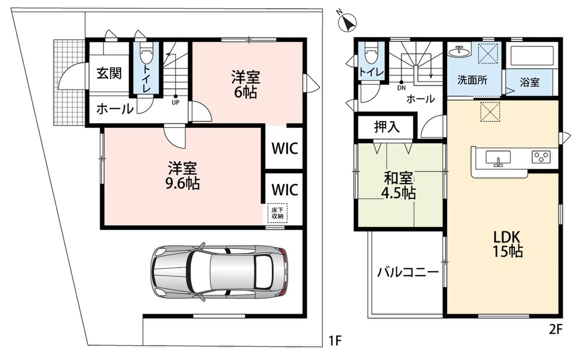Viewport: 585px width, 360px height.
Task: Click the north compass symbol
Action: click(347, 22)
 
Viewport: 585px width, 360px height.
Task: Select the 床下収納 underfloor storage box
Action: click(277, 213)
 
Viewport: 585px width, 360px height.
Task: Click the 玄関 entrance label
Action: click(109, 74)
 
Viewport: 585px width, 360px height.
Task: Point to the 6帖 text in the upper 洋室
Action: click(245, 93)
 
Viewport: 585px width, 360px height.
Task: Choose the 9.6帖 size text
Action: click(182, 184)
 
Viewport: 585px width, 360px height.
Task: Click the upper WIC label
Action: click(285, 149)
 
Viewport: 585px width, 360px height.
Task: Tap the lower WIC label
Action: click(285, 189)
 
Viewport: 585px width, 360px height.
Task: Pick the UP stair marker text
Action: click(175, 103)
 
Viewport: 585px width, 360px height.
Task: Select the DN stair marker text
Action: click(401, 88)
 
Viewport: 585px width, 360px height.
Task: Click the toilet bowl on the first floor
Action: click(146, 54)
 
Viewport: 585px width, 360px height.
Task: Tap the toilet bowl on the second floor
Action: click(371, 53)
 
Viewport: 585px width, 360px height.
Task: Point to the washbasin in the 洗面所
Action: click(459, 51)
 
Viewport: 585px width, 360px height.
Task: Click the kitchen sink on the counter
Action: click(498, 157)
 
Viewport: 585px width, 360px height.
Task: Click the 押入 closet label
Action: click(387, 127)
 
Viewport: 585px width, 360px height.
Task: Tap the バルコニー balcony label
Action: click(408, 272)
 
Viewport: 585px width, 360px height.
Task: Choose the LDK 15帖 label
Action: click(507, 244)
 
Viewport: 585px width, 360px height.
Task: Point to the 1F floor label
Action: click(335, 341)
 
